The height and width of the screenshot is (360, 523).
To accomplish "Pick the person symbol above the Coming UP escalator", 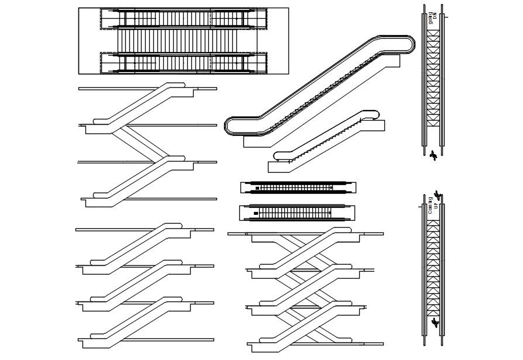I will pyautogui.click(x=437, y=194).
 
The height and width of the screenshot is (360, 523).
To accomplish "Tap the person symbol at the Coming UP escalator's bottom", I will pyautogui.click(x=434, y=323).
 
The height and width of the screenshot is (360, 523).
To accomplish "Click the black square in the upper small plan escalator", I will pyautogui.click(x=256, y=188).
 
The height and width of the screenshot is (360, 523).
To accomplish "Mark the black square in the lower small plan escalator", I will pyautogui.click(x=256, y=213).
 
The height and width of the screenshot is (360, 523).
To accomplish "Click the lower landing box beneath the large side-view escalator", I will pyautogui.click(x=257, y=141).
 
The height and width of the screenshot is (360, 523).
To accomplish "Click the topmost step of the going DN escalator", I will pyautogui.click(x=433, y=34).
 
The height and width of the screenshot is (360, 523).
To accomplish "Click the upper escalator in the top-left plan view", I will pyautogui.click(x=184, y=18).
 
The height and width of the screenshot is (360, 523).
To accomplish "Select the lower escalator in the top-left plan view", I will pyautogui.click(x=184, y=62).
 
